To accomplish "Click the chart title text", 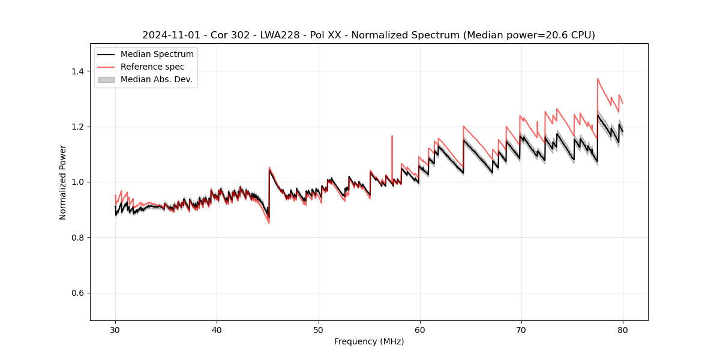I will [x=368, y=35].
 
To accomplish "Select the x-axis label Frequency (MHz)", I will [x=369, y=341].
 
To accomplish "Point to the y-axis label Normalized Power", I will [x=63, y=182].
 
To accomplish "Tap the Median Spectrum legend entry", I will [x=157, y=55].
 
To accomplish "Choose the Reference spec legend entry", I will [x=152, y=67].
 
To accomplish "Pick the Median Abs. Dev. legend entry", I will [x=156, y=79].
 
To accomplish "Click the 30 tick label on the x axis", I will [x=115, y=329].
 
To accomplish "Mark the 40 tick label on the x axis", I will [x=217, y=329].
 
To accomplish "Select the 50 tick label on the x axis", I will [x=318, y=329].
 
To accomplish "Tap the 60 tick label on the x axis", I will [x=419, y=329].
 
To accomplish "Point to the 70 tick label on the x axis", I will [x=521, y=329].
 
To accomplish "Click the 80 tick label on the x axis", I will [x=622, y=329].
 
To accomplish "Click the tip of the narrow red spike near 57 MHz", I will [x=392, y=136].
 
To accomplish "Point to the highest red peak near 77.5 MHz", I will [x=598, y=79].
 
